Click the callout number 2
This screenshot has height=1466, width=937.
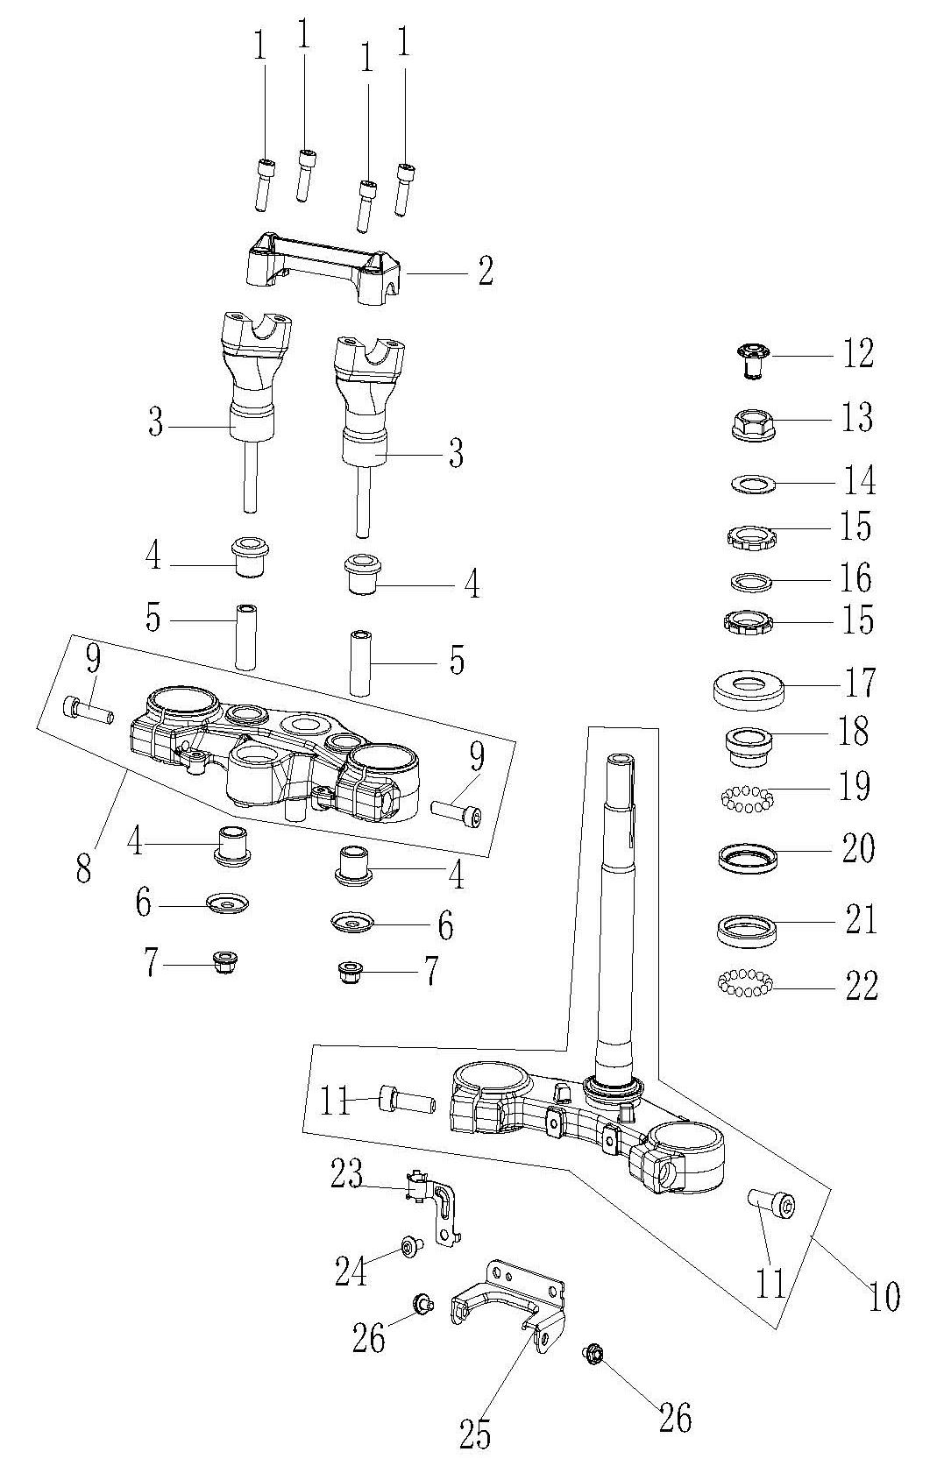click(486, 271)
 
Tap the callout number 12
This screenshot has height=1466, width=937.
click(857, 353)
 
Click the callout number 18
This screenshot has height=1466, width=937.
click(853, 731)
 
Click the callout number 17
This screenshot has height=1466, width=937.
click(858, 683)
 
